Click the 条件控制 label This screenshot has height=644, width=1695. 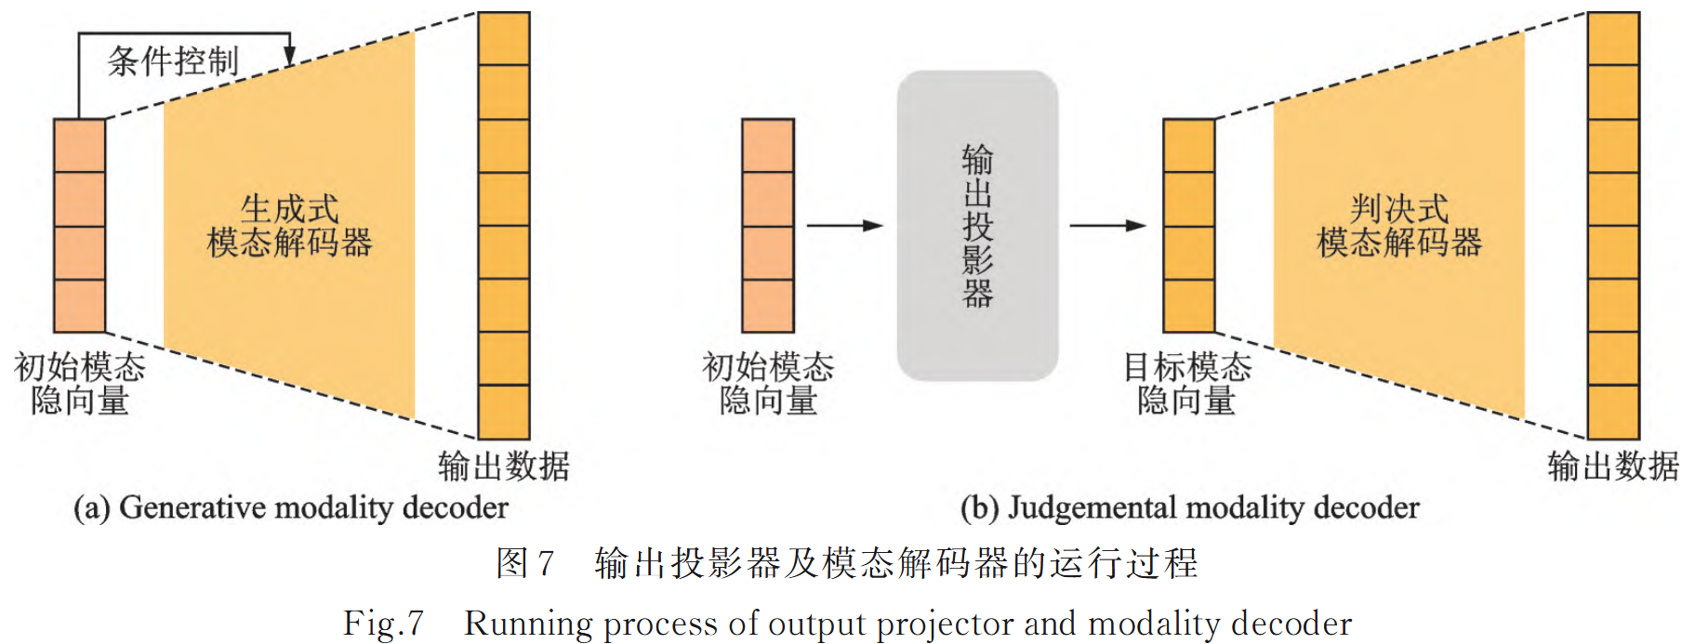pos(173,61)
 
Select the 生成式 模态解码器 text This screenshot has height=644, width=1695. pos(289,226)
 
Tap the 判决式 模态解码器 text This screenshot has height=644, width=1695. pos(1398,226)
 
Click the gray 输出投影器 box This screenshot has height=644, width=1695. pos(977,226)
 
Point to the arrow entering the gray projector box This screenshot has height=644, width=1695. pos(844,226)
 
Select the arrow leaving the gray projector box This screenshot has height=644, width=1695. pos(1107,226)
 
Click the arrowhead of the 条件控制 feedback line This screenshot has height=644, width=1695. pos(289,57)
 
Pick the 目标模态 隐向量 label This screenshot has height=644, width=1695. pos(1187,383)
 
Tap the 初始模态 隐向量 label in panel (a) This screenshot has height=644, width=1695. pos(80,383)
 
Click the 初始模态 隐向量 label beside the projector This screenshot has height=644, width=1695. pos(768,383)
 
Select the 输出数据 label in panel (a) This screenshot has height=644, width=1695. pos(503,466)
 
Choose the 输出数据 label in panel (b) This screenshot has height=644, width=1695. pos(1613,466)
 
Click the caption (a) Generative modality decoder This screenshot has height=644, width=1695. pos(291,507)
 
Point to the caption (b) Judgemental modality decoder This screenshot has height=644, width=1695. pos(1189,507)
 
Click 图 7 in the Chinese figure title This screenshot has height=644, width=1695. pos(525,563)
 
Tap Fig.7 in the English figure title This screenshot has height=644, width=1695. pos(383,623)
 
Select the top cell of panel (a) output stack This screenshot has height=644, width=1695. pos(504,38)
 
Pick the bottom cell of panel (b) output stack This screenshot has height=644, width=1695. pos(1613,412)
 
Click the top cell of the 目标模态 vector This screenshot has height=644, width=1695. pos(1189,146)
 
